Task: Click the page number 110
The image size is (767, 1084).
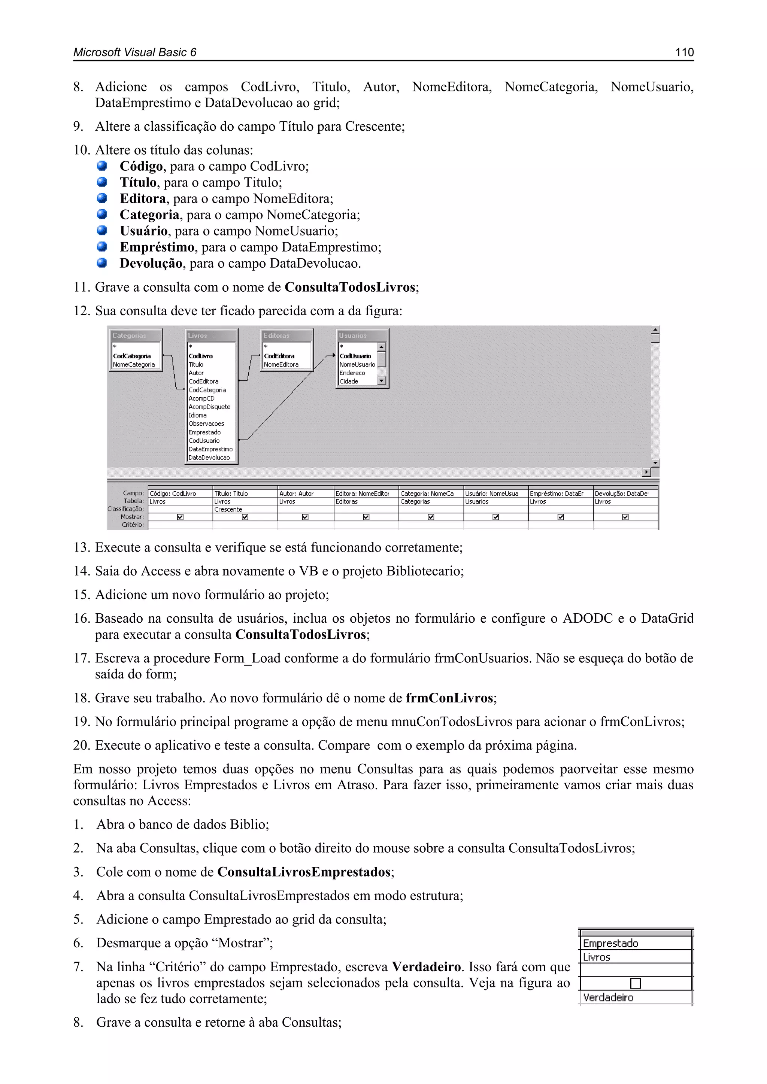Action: click(x=684, y=52)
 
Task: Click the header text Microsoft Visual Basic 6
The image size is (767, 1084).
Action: click(x=134, y=52)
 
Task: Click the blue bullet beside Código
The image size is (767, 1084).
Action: click(x=101, y=166)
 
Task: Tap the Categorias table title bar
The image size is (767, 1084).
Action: click(x=136, y=335)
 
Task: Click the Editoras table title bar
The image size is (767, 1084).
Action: click(x=286, y=335)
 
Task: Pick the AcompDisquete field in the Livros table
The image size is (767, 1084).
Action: click(x=209, y=407)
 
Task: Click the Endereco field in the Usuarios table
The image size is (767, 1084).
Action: click(x=352, y=373)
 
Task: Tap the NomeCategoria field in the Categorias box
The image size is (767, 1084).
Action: click(x=134, y=364)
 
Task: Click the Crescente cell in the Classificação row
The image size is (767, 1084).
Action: click(x=228, y=509)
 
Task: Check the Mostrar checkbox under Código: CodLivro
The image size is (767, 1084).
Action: click(x=180, y=517)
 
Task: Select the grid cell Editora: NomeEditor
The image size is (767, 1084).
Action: click(x=362, y=494)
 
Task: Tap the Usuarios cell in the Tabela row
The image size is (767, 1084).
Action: click(x=476, y=501)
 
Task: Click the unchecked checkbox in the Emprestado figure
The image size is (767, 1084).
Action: click(x=635, y=983)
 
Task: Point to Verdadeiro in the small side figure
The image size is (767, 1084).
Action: click(x=608, y=998)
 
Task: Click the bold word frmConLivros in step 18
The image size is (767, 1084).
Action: click(x=449, y=698)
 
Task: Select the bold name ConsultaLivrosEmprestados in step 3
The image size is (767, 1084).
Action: click(x=304, y=872)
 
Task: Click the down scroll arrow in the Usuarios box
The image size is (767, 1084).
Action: click(x=382, y=380)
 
